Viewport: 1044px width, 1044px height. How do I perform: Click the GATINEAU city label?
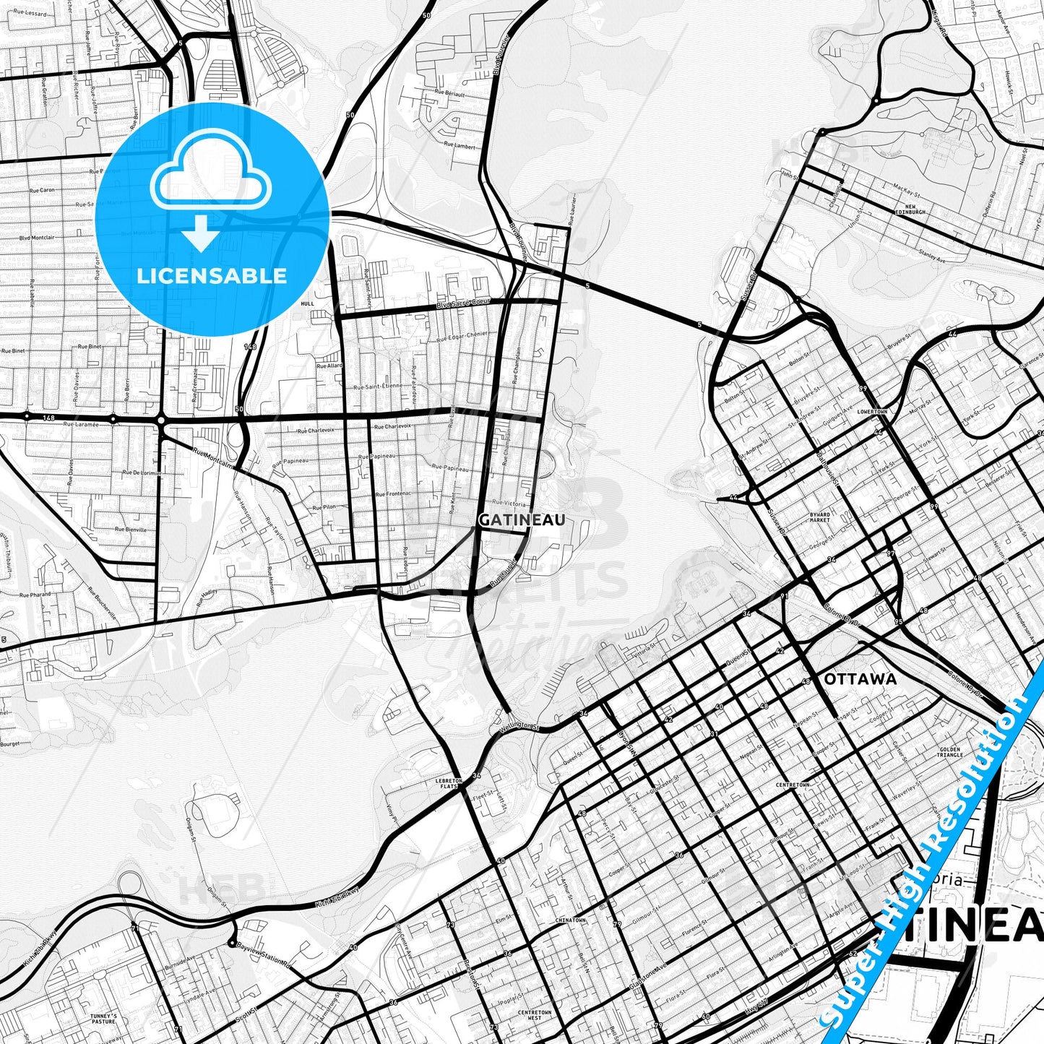522,520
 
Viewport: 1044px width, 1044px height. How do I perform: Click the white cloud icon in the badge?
210,178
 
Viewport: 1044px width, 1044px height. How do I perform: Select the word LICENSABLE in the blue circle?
212,275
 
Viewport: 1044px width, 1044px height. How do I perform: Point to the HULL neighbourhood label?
308,304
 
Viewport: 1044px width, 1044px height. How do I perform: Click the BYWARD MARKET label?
819,517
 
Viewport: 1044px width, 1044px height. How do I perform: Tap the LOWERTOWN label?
871,412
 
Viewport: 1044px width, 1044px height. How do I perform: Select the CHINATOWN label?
570,920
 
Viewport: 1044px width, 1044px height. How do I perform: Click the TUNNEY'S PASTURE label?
103,1019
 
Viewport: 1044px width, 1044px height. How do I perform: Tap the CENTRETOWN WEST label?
534,1014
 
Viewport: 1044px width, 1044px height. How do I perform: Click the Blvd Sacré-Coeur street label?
463,304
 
